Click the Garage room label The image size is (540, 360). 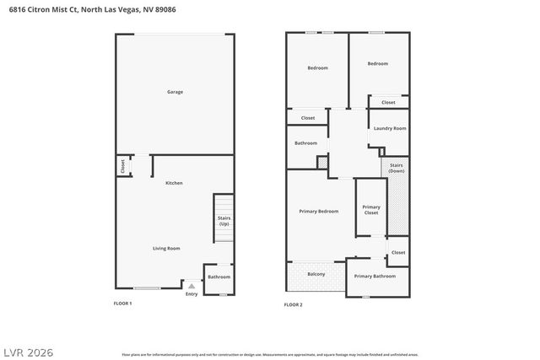[175, 92]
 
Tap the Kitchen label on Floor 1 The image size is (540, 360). [174, 183]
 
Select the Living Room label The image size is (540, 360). [166, 248]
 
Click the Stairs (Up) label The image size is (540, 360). [224, 221]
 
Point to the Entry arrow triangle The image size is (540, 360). [192, 287]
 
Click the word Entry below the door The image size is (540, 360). [192, 293]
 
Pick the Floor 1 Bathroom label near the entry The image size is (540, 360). [219, 277]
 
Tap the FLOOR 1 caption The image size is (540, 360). [123, 303]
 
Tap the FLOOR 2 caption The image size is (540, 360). [293, 304]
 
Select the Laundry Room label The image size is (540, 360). [389, 128]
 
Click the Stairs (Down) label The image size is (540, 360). [397, 169]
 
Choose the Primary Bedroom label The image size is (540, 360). [319, 211]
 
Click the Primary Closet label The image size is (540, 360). [371, 210]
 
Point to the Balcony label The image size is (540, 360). [316, 274]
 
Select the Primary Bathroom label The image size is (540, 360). [375, 277]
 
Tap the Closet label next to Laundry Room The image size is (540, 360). [388, 102]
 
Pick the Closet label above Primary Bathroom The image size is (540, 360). [398, 252]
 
